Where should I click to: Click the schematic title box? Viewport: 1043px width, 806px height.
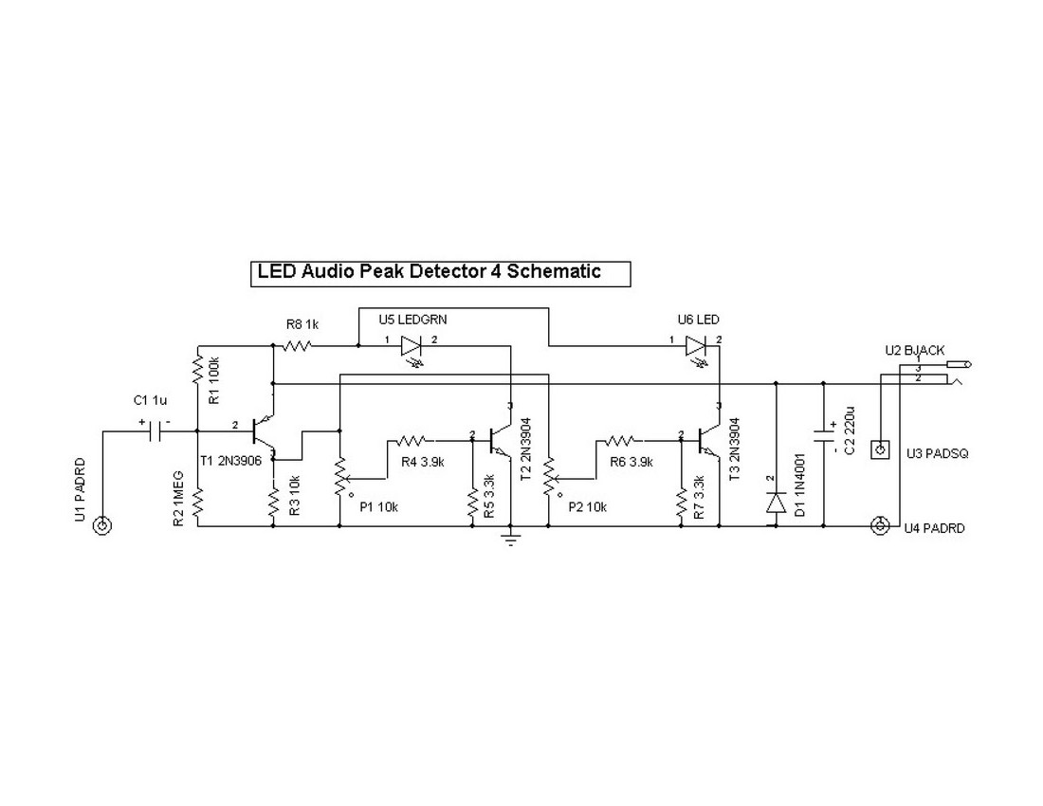[x=439, y=272]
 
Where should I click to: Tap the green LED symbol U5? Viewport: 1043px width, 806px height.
[x=412, y=346]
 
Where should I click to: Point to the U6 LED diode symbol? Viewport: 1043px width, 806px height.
[x=697, y=346]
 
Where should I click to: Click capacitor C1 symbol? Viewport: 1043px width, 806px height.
[x=155, y=431]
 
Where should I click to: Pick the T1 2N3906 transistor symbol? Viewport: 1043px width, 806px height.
[x=262, y=431]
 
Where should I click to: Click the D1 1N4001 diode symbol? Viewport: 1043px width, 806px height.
[x=777, y=502]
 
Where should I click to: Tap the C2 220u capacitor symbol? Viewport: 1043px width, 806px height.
[x=824, y=440]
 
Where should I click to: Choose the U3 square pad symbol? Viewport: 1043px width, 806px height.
[x=881, y=449]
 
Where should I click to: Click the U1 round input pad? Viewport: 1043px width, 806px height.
[x=103, y=526]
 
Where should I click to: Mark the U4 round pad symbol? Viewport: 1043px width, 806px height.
[x=881, y=525]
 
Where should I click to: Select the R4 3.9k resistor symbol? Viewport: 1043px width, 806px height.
[x=413, y=440]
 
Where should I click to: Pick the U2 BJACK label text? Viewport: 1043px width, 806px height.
[x=917, y=351]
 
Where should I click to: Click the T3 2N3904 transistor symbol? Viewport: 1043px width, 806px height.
[x=705, y=439]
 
